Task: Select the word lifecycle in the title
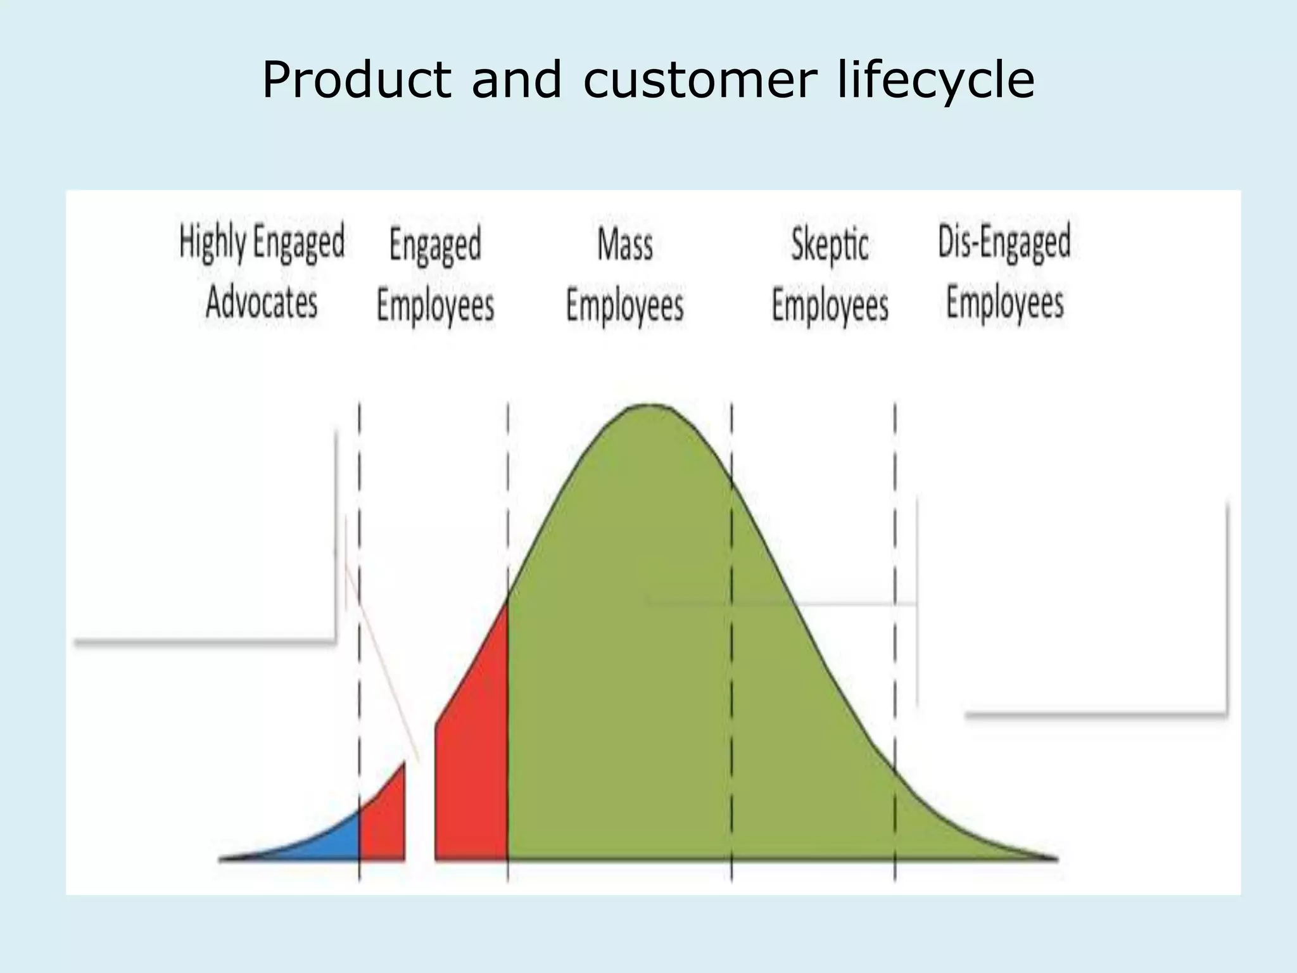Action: [x=935, y=80]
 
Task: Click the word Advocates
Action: [x=262, y=302]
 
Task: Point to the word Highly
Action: [x=212, y=243]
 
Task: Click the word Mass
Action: [x=625, y=245]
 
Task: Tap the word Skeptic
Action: [x=830, y=245]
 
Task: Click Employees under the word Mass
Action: [x=625, y=305]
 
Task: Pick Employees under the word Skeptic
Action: [x=830, y=305]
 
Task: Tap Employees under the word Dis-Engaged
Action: [x=1004, y=302]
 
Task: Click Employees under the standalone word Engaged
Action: [x=435, y=305]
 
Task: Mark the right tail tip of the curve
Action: [x=1054, y=858]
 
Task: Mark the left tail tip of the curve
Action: [x=222, y=858]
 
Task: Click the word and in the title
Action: [x=516, y=80]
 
